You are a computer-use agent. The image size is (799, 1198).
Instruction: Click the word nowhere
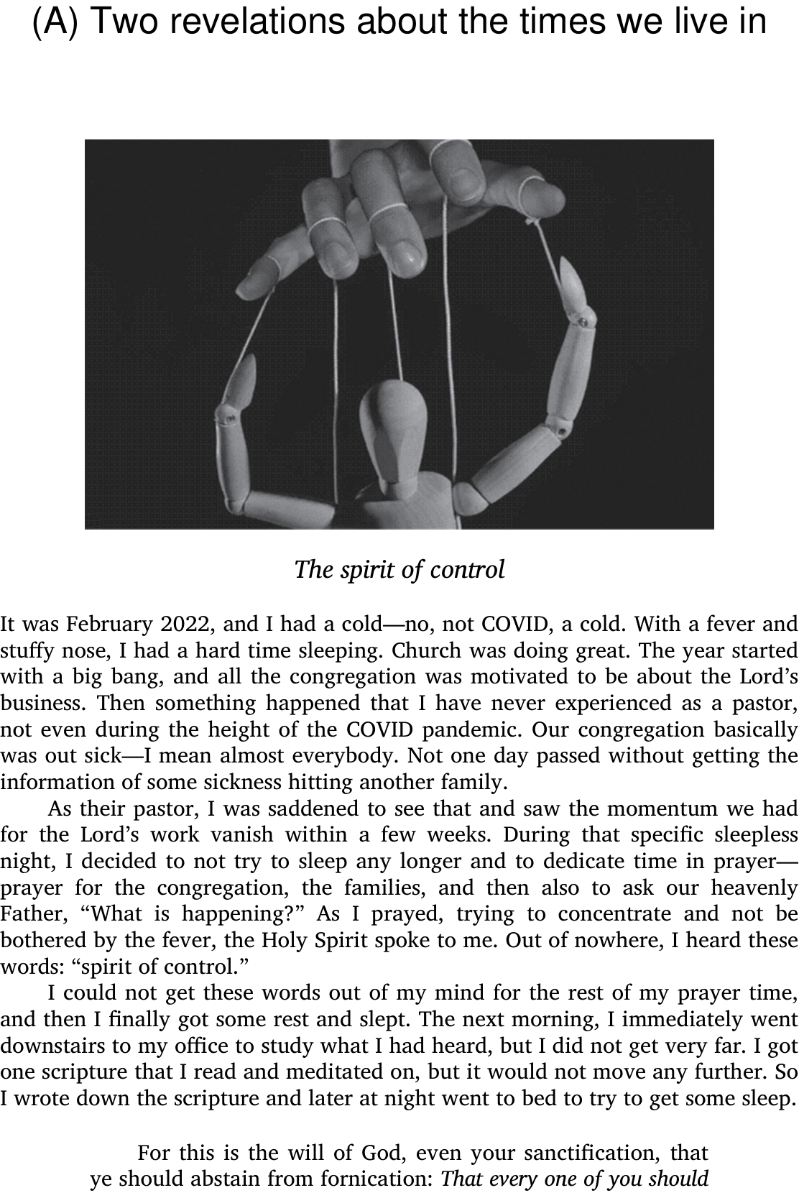click(607, 941)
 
